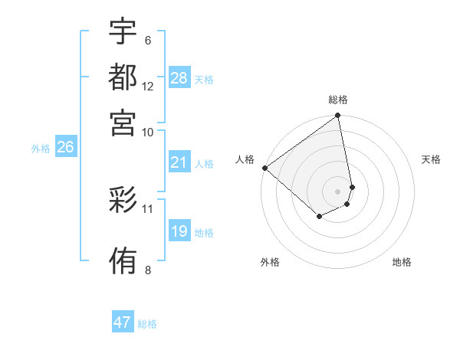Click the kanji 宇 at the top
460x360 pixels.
point(123,31)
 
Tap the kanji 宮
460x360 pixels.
point(123,122)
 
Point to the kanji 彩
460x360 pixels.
point(123,201)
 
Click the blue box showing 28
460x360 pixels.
point(179,78)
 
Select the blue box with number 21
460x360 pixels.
point(179,162)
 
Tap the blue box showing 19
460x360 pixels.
point(179,231)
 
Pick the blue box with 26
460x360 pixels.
point(66,148)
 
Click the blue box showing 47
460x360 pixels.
point(123,322)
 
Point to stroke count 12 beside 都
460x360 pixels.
point(148,87)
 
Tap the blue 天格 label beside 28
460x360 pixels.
point(204,79)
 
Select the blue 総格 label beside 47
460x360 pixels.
point(147,324)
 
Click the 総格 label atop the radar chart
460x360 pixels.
point(338,100)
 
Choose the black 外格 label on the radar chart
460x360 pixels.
point(270,262)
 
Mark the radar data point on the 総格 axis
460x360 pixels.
point(337,116)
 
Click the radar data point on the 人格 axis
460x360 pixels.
point(264,168)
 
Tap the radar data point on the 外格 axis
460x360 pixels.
point(319,217)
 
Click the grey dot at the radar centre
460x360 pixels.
point(337,191)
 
